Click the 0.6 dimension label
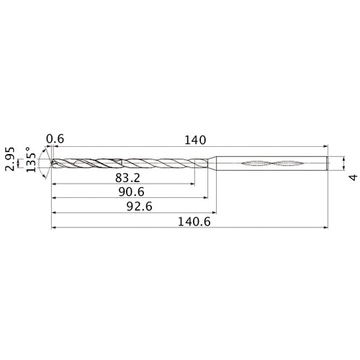(54, 139)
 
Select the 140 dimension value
(195, 139)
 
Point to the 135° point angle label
(30, 164)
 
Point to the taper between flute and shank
(213, 164)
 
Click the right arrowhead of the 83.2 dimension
(192, 184)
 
